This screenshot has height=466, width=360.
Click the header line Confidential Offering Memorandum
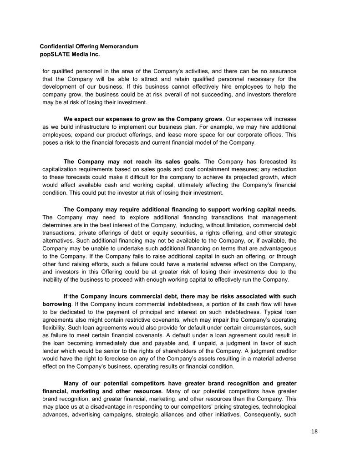point(89,46)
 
